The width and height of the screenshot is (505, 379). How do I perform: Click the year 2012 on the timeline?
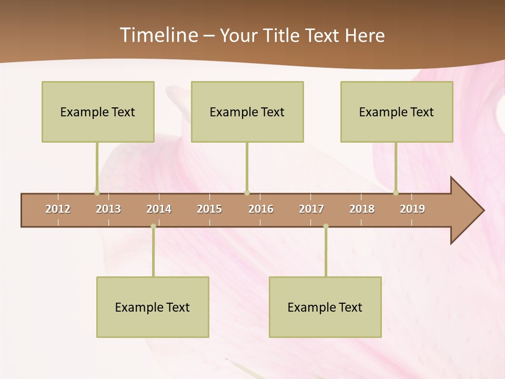pyautogui.click(x=58, y=209)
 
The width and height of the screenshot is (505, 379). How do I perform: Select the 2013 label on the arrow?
pyautogui.click(x=108, y=209)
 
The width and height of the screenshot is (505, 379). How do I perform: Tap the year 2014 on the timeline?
pyautogui.click(x=159, y=209)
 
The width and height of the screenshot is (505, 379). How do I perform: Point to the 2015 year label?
pyautogui.click(x=209, y=209)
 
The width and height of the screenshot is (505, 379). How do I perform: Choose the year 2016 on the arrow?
pyautogui.click(x=261, y=209)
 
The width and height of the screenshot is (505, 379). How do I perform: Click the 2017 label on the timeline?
pyautogui.click(x=311, y=209)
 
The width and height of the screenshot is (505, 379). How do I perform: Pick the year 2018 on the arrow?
pyautogui.click(x=362, y=209)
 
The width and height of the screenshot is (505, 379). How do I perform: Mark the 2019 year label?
pyautogui.click(x=412, y=209)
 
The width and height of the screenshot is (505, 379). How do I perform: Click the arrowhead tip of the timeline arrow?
pyautogui.click(x=483, y=211)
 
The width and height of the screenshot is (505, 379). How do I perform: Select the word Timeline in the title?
pyautogui.click(x=158, y=35)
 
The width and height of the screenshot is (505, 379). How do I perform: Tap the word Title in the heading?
pyautogui.click(x=282, y=35)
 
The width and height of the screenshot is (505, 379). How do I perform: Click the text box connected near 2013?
pyautogui.click(x=98, y=112)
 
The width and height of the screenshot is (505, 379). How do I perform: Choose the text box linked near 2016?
pyautogui.click(x=247, y=112)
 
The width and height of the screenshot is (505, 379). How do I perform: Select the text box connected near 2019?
pyautogui.click(x=397, y=112)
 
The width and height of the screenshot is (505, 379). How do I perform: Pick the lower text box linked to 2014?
pyautogui.click(x=153, y=307)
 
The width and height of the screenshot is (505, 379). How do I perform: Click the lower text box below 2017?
pyautogui.click(x=325, y=307)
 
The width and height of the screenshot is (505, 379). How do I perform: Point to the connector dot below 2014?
pyautogui.click(x=153, y=226)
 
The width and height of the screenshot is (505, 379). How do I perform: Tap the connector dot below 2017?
pyautogui.click(x=326, y=226)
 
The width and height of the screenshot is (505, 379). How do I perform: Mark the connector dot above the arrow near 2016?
pyautogui.click(x=247, y=193)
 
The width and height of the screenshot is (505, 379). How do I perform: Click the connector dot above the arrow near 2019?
pyautogui.click(x=396, y=193)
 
